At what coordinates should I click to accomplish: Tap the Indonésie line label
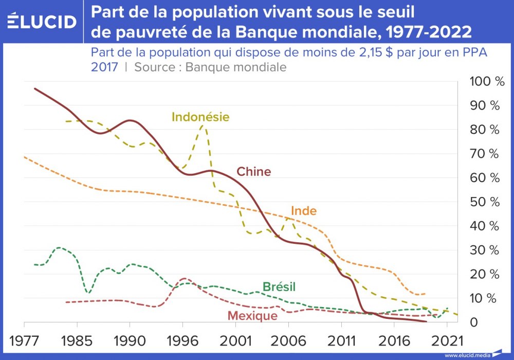click(x=200, y=117)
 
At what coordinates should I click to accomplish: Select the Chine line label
click(x=253, y=172)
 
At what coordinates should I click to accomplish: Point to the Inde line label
click(x=304, y=211)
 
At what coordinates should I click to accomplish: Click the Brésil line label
click(x=279, y=287)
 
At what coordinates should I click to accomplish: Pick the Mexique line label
click(x=252, y=315)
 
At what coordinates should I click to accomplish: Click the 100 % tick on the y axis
click(x=485, y=81)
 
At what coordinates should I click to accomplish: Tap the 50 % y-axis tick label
click(x=485, y=202)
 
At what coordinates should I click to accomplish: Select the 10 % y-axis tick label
click(x=485, y=298)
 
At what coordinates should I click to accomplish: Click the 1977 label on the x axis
click(x=24, y=340)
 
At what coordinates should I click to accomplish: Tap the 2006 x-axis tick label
click(x=288, y=340)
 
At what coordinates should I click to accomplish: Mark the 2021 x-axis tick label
click(x=447, y=340)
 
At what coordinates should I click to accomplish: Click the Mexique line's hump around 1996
click(x=183, y=278)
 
